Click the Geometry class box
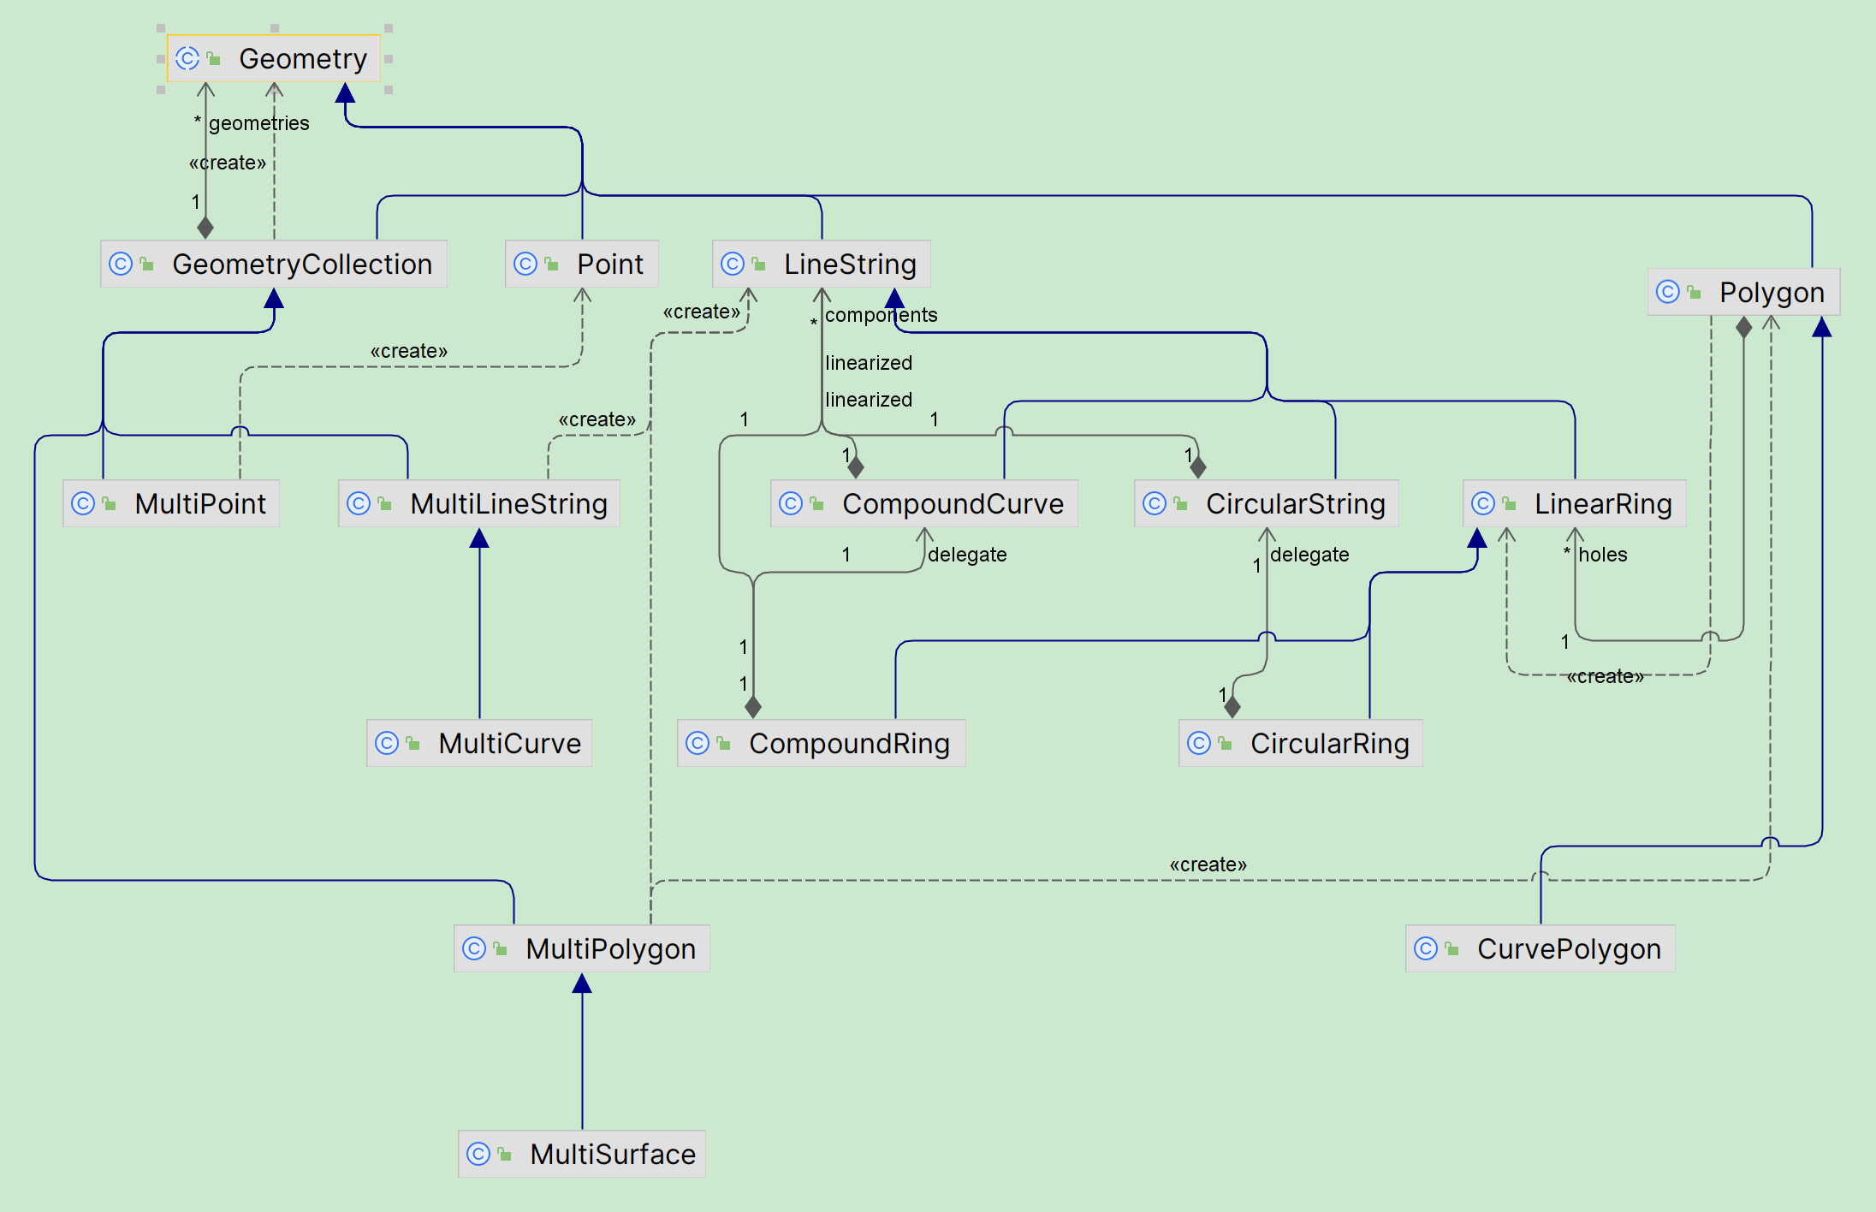click(274, 58)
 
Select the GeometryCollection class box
click(274, 264)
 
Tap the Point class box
click(582, 264)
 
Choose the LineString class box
click(822, 264)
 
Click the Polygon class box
click(1743, 292)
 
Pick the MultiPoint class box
click(171, 503)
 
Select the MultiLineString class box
click(479, 503)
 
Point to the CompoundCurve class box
click(924, 503)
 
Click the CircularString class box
click(1267, 503)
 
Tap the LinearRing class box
click(1575, 503)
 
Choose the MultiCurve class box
click(479, 743)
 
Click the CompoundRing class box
click(822, 743)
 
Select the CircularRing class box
click(1301, 743)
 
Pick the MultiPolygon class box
click(582, 948)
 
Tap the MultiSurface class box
click(582, 1154)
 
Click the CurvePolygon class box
click(1541, 948)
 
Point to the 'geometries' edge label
click(259, 123)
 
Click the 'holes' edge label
click(1603, 555)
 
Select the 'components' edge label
click(882, 315)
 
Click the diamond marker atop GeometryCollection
click(205, 228)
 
